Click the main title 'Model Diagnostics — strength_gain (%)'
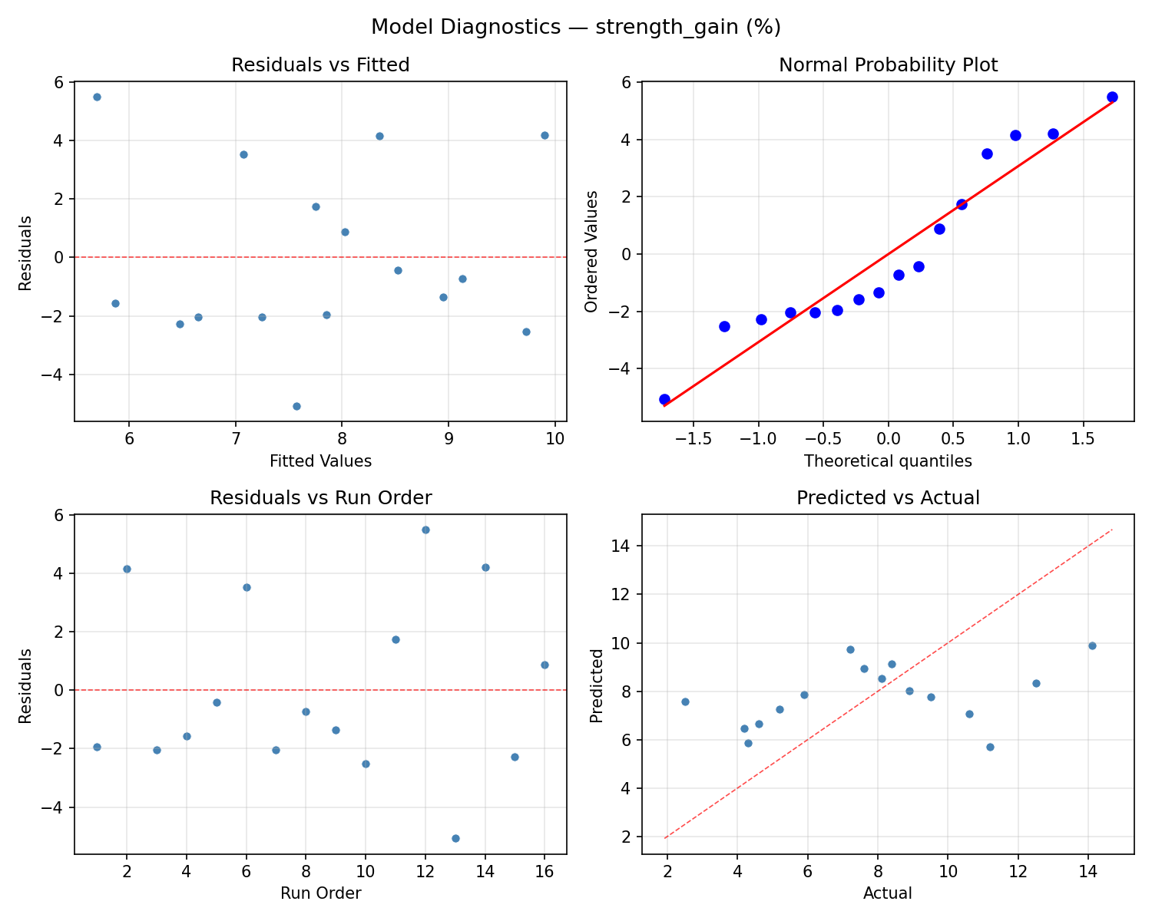point(576,28)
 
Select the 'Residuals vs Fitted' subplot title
point(320,65)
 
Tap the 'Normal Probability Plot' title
point(888,65)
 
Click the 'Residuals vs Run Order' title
point(320,498)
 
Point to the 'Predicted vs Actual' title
point(888,498)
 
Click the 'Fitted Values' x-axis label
point(320,461)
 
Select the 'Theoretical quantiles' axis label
point(888,461)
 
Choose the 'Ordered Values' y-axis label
point(591,252)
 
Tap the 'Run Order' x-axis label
point(320,893)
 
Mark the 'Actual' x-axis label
point(888,893)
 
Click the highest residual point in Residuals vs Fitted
point(97,97)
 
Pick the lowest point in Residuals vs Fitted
point(296,406)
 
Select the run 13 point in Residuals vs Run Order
point(455,838)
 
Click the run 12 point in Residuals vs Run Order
point(425,530)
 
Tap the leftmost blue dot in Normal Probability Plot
point(664,399)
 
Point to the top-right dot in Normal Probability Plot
point(1112,97)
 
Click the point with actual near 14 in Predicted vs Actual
point(1092,645)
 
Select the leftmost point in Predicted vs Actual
point(685,701)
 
